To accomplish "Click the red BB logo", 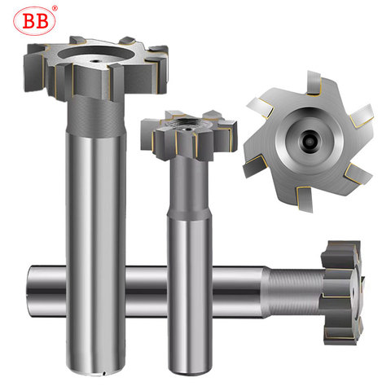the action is point(34,21).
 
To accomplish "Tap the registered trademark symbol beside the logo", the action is point(55,8).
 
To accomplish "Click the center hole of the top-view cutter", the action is point(310,141).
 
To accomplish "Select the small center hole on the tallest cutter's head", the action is point(95,61).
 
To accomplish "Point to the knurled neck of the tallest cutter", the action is point(96,116).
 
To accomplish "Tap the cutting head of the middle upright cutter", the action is point(189,135).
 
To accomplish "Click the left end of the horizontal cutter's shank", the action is point(31,292).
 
